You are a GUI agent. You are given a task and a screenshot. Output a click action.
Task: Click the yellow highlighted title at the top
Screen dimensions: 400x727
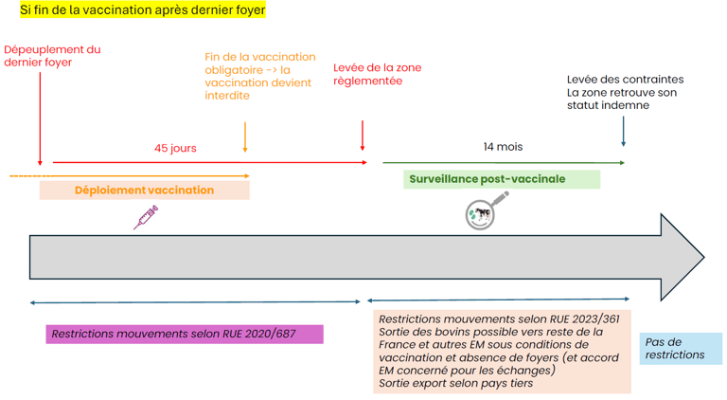click(142, 10)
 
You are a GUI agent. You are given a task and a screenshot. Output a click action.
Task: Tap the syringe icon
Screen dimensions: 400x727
click(146, 218)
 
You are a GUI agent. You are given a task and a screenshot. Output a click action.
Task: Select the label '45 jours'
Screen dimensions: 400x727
click(175, 148)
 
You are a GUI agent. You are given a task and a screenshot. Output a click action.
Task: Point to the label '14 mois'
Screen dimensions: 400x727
click(502, 147)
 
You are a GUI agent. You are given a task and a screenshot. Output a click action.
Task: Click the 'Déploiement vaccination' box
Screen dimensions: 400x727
click(144, 190)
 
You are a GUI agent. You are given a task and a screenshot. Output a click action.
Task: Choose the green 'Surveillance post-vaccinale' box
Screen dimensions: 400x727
click(501, 178)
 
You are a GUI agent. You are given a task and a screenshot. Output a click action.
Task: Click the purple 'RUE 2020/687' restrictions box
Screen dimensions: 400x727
click(184, 334)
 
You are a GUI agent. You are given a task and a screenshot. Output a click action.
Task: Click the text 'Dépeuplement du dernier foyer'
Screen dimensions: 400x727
click(51, 56)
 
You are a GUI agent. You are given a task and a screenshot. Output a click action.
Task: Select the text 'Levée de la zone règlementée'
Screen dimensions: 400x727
click(377, 74)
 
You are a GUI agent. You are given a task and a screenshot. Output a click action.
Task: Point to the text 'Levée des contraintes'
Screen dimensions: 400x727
click(625, 80)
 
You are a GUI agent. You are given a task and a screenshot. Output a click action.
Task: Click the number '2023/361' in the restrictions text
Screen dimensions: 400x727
click(592, 318)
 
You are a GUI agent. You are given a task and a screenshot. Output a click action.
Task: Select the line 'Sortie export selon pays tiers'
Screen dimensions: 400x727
click(455, 384)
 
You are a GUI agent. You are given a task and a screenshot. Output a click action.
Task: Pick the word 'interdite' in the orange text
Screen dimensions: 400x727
click(227, 96)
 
